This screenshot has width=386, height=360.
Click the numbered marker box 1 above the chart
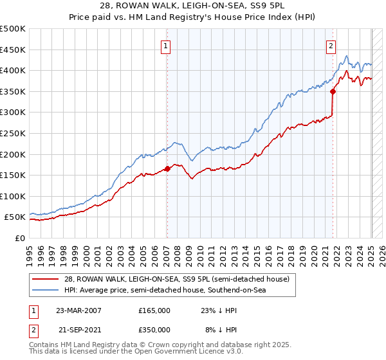tap(166, 46)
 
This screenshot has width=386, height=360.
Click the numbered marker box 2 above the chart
tap(331, 46)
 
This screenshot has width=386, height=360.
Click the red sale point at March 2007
tap(167, 168)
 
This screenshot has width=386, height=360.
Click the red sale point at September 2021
tap(333, 91)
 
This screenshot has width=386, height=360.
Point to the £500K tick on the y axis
tap(13, 30)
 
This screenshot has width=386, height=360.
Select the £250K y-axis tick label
tap(13, 134)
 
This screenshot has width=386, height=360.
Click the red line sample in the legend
tap(44, 279)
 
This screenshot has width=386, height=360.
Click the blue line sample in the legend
tap(44, 290)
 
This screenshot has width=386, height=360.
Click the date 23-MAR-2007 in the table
tap(78, 310)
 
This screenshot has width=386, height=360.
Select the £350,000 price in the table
tap(154, 329)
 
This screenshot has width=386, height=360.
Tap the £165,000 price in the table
tap(154, 310)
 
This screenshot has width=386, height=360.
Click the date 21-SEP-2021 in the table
tap(78, 329)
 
